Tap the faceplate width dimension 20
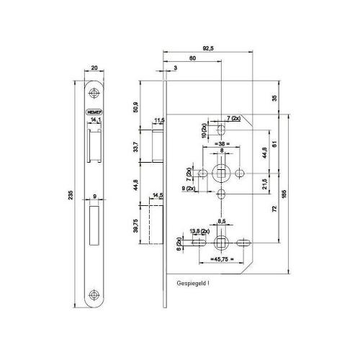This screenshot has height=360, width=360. coord(94,69)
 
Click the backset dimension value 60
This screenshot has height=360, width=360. coord(192,58)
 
